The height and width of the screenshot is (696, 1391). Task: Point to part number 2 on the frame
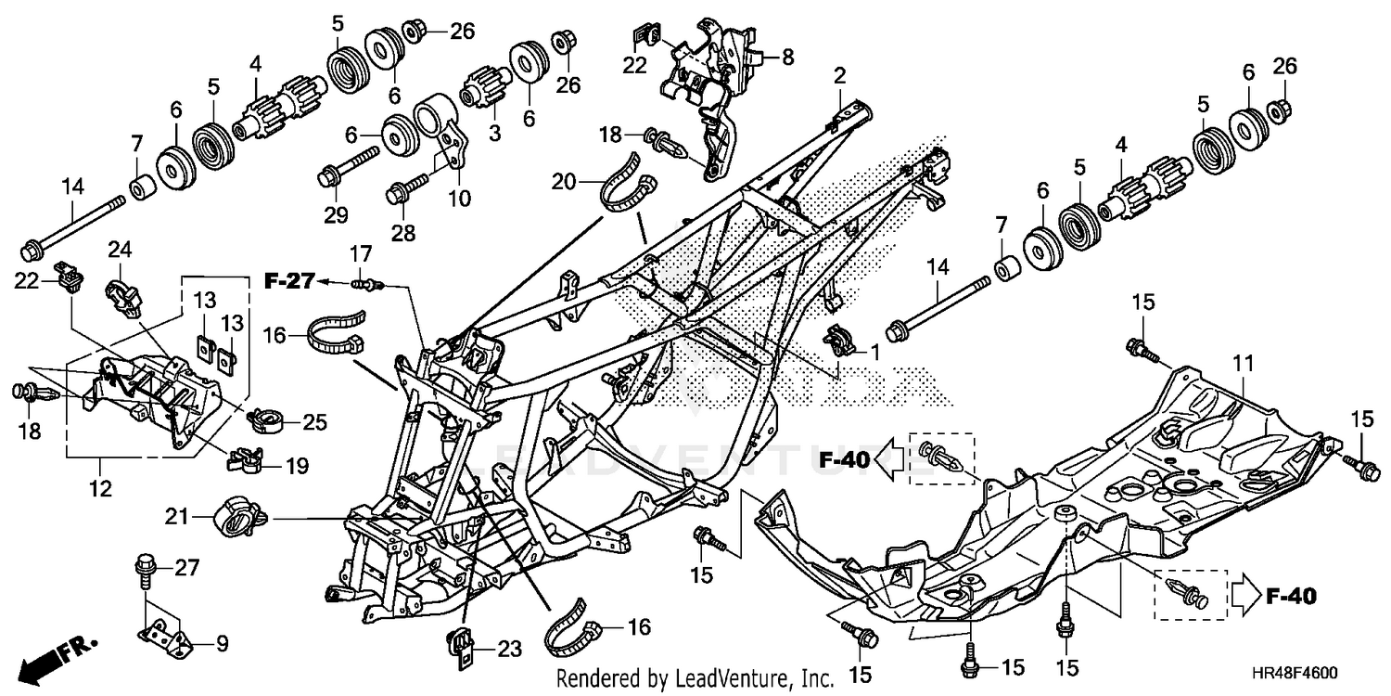(x=839, y=75)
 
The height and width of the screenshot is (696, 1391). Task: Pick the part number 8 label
(x=787, y=57)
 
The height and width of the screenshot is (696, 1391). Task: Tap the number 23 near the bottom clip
(x=509, y=649)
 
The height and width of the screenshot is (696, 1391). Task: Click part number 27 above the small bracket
(x=186, y=568)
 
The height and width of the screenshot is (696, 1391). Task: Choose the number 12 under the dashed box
(x=100, y=487)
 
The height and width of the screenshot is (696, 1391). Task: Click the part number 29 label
(x=335, y=215)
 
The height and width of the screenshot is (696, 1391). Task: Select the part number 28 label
(x=402, y=232)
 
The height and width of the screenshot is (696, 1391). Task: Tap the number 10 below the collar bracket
(x=459, y=198)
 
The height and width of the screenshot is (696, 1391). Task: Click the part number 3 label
(x=493, y=135)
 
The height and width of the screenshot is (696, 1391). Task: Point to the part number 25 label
(x=315, y=423)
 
